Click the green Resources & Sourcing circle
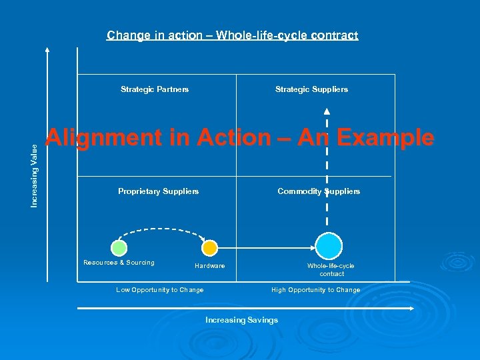coord(119,248)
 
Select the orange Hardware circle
coord(209,248)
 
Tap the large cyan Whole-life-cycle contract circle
coord(328,245)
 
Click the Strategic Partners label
coord(155,89)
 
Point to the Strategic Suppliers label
coord(311,89)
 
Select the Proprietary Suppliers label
coord(158,191)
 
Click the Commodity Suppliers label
coord(319,191)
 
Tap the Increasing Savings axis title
coord(241,320)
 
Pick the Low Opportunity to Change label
coord(160,290)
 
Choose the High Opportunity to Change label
coord(315,290)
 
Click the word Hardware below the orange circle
coord(209,266)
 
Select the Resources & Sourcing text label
coord(119,263)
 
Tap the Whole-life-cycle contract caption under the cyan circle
coord(331,269)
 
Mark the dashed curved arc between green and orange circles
coord(164,229)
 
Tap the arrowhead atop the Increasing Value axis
coord(47,50)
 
